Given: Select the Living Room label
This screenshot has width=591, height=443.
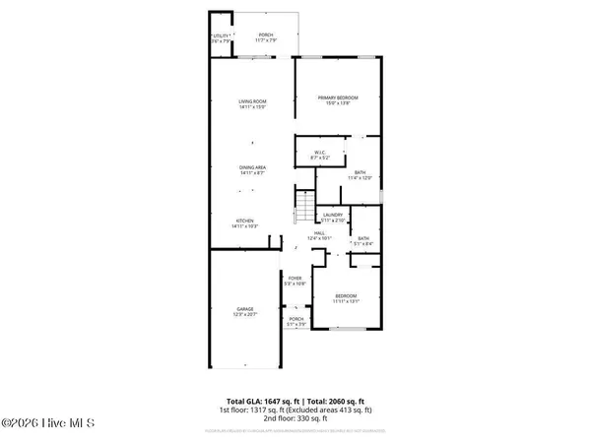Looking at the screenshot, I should coord(253,103).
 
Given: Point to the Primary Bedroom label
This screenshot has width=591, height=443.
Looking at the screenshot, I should coord(337,99).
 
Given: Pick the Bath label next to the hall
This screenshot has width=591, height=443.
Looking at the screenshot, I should coord(363,240).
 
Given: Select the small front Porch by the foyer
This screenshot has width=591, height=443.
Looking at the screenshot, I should coord(295,321).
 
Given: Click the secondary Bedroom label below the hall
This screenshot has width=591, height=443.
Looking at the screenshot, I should coord(346,298).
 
